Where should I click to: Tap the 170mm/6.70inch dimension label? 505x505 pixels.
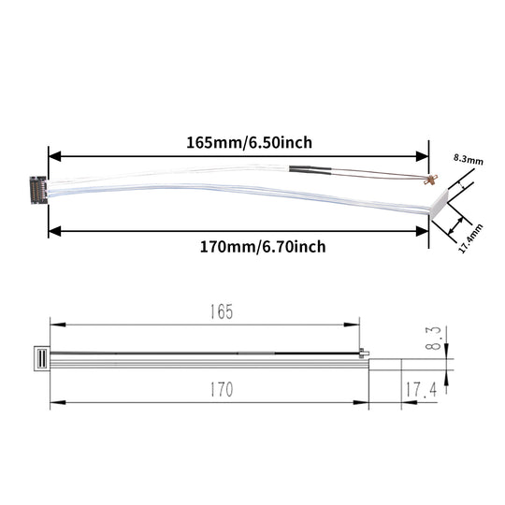tap(250, 247)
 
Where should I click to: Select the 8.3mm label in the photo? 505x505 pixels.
tap(468, 161)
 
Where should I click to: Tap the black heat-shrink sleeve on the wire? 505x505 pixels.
tap(310, 172)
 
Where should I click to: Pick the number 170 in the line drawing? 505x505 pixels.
tap(221, 387)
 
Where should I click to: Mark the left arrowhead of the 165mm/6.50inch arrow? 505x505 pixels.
tap(54, 156)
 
